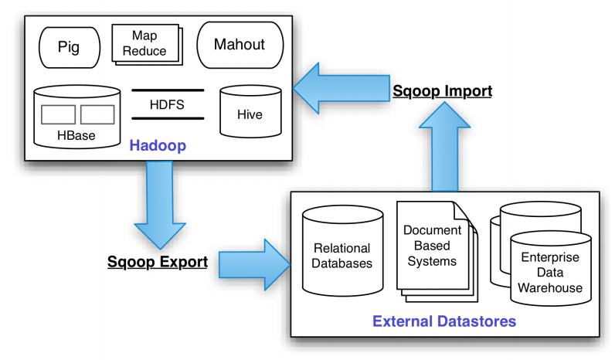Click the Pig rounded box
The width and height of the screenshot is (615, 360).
click(x=70, y=47)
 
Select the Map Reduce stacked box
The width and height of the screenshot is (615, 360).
click(x=147, y=44)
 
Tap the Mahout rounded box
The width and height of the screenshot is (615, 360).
click(x=240, y=45)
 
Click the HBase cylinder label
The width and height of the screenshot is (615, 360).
click(x=76, y=135)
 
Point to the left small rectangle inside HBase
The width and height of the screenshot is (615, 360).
click(x=58, y=114)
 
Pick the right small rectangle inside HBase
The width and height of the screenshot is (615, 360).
click(x=97, y=114)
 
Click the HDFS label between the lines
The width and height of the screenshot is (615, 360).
click(x=167, y=105)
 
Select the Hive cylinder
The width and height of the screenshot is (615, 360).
click(x=250, y=111)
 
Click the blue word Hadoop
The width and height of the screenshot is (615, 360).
click(x=158, y=145)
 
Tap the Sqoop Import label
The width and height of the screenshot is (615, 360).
click(x=443, y=91)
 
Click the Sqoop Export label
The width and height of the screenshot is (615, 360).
click(x=158, y=262)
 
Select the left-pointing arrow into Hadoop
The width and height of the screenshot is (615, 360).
click(x=341, y=88)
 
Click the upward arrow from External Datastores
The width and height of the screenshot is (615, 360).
click(x=444, y=147)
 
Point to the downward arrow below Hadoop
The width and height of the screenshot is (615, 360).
click(x=160, y=205)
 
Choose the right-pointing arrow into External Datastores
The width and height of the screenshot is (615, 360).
click(x=254, y=265)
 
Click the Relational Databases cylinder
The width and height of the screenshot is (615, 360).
click(x=342, y=251)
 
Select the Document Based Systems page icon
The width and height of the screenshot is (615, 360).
click(x=437, y=251)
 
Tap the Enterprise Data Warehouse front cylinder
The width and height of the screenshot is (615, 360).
click(x=551, y=269)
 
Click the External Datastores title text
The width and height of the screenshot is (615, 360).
click(x=444, y=321)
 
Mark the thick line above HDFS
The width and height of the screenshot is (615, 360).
click(x=168, y=90)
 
